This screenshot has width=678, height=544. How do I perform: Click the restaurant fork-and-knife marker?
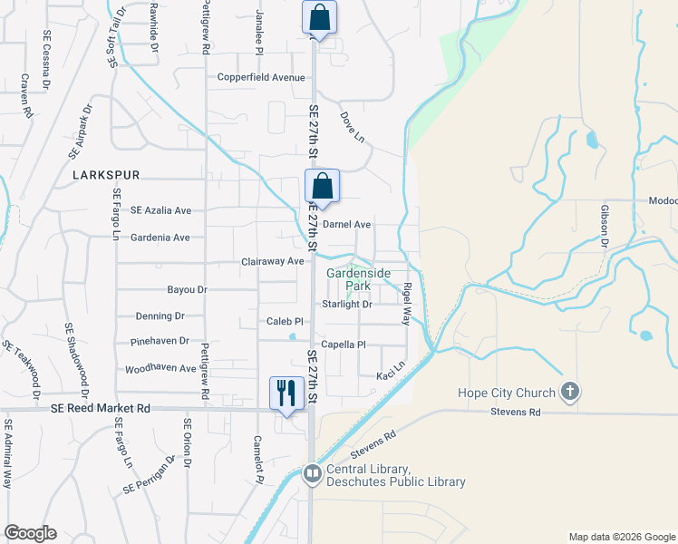point(286,393)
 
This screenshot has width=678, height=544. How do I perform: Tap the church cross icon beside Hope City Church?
point(569,393)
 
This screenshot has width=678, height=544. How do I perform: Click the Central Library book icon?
point(313,474)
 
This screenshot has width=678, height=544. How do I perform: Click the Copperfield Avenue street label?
point(261,77)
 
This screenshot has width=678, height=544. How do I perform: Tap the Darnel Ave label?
point(349,224)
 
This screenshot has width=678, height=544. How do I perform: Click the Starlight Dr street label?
point(347,304)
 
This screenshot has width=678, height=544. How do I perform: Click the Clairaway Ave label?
point(273,261)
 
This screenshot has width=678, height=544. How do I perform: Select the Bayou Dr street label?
point(188,290)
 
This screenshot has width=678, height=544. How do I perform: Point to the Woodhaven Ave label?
point(160,368)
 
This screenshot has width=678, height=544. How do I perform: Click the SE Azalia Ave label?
point(161,209)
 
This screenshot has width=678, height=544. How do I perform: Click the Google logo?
point(30,533)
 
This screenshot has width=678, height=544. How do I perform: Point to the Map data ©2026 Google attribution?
point(621,537)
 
